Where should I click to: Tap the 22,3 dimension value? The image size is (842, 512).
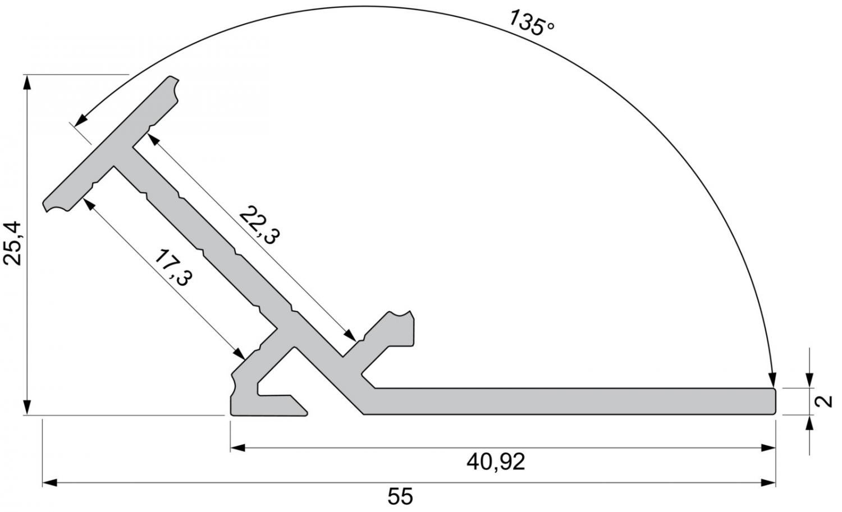point(260,225)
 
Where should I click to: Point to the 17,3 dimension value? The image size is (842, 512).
point(173,267)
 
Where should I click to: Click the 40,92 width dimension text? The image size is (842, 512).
point(496,462)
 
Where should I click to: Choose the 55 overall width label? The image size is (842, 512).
point(400,496)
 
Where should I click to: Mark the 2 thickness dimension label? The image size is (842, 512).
point(823,402)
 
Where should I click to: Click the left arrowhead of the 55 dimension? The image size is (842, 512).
point(49,483)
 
